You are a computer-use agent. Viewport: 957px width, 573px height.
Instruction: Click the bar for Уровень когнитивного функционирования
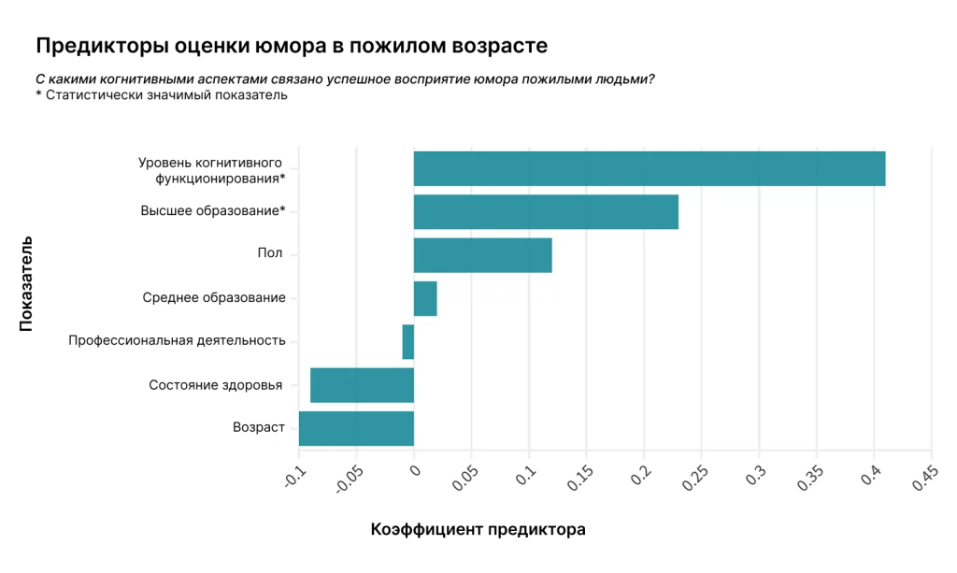pyautogui.click(x=649, y=168)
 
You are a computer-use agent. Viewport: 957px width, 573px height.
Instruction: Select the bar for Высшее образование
pyautogui.click(x=546, y=211)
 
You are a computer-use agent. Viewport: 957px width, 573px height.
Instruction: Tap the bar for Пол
pyautogui.click(x=482, y=255)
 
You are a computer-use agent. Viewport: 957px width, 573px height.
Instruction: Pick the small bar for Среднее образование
pyautogui.click(x=425, y=298)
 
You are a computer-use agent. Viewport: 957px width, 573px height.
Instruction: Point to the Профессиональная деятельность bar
pyautogui.click(x=408, y=341)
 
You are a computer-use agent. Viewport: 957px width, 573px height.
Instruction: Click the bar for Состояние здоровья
pyautogui.click(x=362, y=385)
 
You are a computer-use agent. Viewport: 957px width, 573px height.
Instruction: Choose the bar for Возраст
pyautogui.click(x=356, y=428)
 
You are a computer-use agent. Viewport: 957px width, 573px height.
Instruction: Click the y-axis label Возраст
pyautogui.click(x=258, y=428)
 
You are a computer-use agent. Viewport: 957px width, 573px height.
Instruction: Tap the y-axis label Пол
pyautogui.click(x=270, y=254)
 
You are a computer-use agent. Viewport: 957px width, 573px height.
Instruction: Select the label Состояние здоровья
pyautogui.click(x=216, y=385)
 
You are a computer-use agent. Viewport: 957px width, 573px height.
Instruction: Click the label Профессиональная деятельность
pyautogui.click(x=177, y=341)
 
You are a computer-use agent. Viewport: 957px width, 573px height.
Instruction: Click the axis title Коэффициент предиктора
pyautogui.click(x=478, y=530)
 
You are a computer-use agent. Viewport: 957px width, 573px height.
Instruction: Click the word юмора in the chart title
pyautogui.click(x=269, y=45)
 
